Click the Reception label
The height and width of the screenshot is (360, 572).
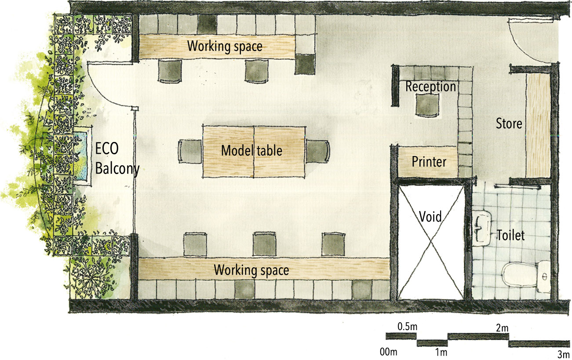point(430,87)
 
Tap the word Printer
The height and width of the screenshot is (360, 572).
point(429,162)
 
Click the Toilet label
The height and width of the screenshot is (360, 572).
point(510,235)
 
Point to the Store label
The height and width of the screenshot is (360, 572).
point(509,124)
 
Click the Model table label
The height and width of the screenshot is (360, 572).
point(251,151)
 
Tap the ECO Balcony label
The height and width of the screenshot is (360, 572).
point(117,159)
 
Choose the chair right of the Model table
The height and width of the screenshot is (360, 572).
point(317,152)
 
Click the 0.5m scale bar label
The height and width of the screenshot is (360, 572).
point(407,327)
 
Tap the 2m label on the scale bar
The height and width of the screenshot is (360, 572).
point(502,328)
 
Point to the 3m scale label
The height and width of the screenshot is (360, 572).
point(562,354)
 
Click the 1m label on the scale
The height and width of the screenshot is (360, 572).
point(441,353)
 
